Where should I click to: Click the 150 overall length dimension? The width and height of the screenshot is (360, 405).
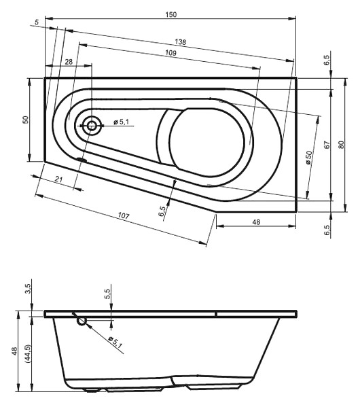[x=171, y=14]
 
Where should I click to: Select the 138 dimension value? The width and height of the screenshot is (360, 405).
[x=180, y=41]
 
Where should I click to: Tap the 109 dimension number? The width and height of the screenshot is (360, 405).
[x=170, y=53]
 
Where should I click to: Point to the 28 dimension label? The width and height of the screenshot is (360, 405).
[x=69, y=62]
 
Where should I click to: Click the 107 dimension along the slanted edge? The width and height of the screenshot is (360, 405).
[x=123, y=215]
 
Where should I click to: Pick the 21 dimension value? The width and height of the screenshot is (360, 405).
[x=59, y=179]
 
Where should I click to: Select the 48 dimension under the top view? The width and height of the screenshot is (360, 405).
[x=256, y=222]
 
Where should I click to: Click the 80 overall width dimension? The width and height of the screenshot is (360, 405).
[x=341, y=145]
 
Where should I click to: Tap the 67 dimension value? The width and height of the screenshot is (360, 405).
[x=327, y=145]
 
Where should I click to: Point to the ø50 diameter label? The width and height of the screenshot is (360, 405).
[x=309, y=158]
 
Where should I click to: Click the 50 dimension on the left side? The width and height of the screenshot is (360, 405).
[x=25, y=120]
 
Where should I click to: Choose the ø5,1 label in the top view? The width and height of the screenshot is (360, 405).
[x=121, y=122]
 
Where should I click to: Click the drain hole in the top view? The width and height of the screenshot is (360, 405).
[x=92, y=126]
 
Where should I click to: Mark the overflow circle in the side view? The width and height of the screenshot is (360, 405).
[x=82, y=321]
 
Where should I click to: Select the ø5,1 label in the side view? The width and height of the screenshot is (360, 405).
[x=115, y=342]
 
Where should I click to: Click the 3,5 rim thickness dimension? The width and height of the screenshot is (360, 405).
[x=28, y=289]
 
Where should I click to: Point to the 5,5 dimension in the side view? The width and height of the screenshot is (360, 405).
[x=107, y=294]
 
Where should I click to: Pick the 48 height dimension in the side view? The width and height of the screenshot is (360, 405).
[x=14, y=351]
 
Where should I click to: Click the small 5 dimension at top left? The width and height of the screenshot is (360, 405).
[x=37, y=22]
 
